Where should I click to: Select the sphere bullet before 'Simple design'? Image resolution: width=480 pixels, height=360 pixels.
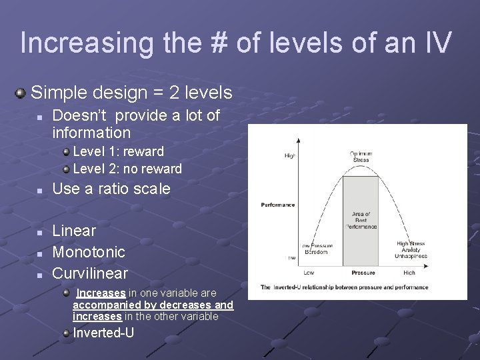pyautogui.click(x=21, y=92)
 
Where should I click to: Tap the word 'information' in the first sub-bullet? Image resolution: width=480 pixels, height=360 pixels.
pyautogui.click(x=91, y=133)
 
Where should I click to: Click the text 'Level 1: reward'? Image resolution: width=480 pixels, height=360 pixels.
pyautogui.click(x=118, y=151)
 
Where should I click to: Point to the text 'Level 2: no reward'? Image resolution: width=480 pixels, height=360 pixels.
pyautogui.click(x=127, y=169)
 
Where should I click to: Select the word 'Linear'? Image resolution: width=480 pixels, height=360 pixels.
pyautogui.click(x=74, y=231)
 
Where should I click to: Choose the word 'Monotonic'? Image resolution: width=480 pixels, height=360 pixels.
pyautogui.click(x=89, y=252)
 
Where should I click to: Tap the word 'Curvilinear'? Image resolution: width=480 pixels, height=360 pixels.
pyautogui.click(x=90, y=273)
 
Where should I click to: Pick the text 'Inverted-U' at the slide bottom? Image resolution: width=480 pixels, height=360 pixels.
pyautogui.click(x=103, y=333)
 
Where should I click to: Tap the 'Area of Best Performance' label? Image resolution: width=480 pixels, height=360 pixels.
pyautogui.click(x=361, y=220)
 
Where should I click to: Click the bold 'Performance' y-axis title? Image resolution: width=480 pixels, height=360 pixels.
pyautogui.click(x=278, y=205)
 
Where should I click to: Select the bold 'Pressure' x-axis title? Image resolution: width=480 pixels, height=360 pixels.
pyautogui.click(x=363, y=273)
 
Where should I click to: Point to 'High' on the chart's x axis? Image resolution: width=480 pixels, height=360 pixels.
pyautogui.click(x=409, y=273)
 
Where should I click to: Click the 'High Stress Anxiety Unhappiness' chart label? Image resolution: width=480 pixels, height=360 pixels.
pyautogui.click(x=411, y=250)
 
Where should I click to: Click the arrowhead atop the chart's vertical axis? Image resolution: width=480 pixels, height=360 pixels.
pyautogui.click(x=297, y=141)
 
